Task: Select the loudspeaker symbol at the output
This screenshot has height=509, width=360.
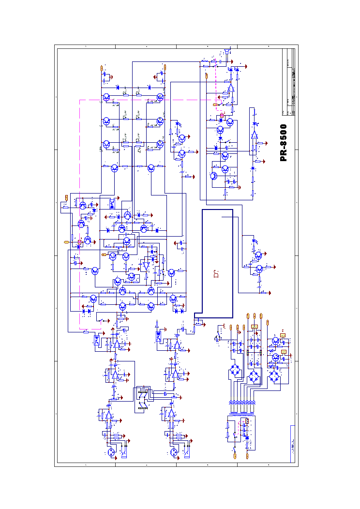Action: point(226,51)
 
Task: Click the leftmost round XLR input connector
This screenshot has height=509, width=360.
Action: point(111,453)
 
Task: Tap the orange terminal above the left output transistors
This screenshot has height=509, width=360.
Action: point(102,68)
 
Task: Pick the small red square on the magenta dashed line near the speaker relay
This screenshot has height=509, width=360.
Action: point(222,116)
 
